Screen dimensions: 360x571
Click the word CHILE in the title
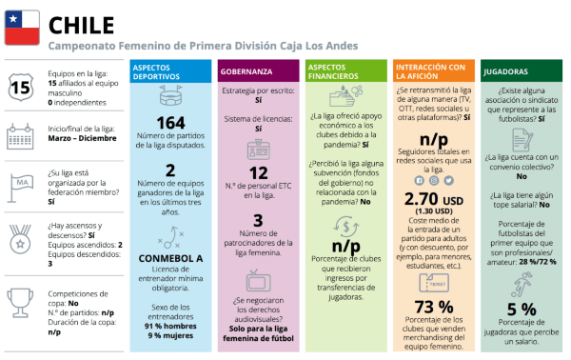pos(80,23)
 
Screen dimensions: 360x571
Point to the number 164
pos(170,123)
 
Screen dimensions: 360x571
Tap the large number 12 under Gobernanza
pos(258,173)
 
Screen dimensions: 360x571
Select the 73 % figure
pos(434,307)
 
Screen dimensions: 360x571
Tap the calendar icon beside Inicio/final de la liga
pos(19,136)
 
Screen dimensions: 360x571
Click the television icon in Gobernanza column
pos(258,281)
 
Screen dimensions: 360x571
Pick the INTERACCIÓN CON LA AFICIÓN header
pos(430,71)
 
